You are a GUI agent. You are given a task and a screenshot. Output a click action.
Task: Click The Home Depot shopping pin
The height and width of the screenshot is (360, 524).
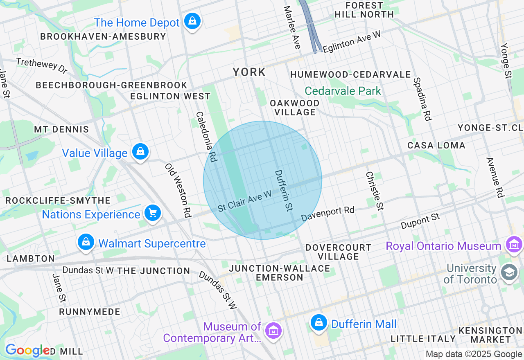coord(192,21)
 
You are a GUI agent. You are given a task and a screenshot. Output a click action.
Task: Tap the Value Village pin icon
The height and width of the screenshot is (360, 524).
coord(140,152)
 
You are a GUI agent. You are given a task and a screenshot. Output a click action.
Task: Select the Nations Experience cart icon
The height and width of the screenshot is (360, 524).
coord(153,213)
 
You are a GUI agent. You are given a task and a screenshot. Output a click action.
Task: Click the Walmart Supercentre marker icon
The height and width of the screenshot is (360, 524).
coord(86,242)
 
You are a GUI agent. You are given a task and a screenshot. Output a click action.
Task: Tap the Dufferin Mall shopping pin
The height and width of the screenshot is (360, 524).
coord(318,323)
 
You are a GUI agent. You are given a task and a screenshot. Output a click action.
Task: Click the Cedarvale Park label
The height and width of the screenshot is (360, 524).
coord(343,91)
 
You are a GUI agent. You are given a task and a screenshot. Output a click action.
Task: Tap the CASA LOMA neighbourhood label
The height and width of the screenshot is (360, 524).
coord(436,145)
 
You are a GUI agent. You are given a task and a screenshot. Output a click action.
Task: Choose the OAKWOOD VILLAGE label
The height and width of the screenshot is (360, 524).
coord(295,108)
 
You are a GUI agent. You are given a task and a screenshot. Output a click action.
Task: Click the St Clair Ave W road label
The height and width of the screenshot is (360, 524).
coord(244,201)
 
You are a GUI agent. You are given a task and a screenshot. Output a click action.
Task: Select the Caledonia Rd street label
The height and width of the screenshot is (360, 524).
coord(206,137)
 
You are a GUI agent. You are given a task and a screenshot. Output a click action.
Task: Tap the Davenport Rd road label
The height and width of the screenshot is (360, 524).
coord(327,214)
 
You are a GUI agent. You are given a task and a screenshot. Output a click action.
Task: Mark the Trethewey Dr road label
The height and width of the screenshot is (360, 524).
coord(41,65)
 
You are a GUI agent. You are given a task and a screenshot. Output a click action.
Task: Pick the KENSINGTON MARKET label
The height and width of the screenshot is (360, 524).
coord(490,335)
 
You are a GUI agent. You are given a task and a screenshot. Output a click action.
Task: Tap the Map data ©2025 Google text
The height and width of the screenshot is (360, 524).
coord(474,354)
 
